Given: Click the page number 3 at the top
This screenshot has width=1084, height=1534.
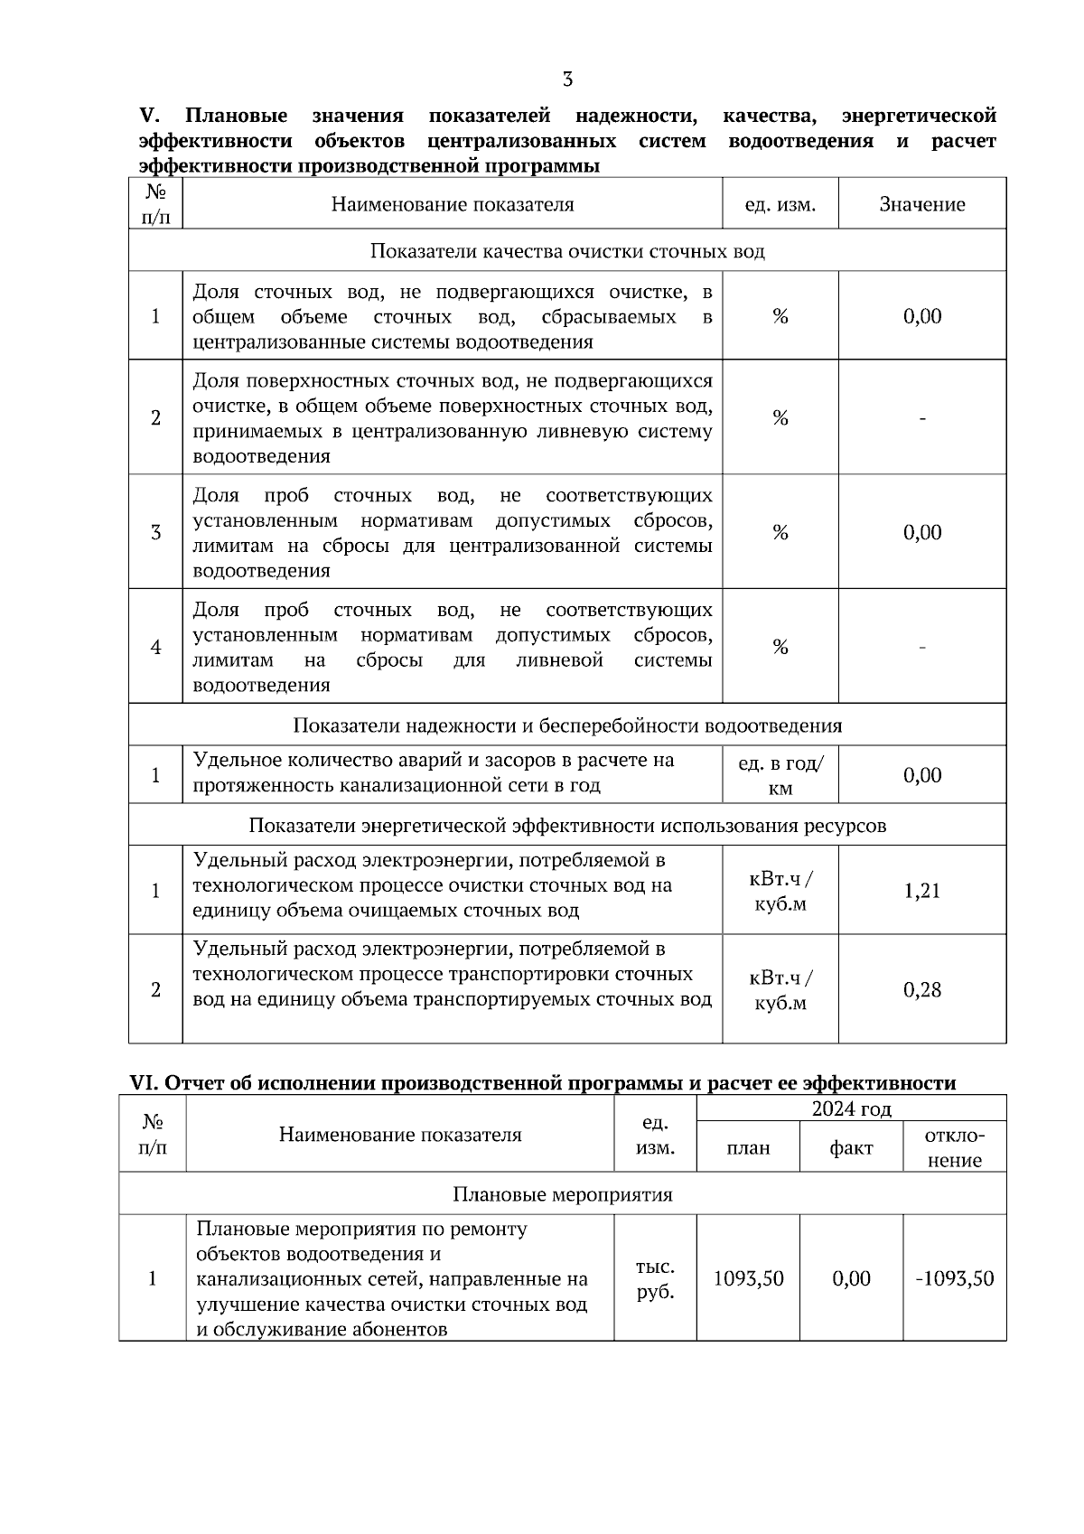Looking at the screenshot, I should (567, 80).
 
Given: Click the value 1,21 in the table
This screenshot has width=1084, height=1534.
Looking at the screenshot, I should (922, 891).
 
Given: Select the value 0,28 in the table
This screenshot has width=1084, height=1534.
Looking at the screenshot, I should (922, 990).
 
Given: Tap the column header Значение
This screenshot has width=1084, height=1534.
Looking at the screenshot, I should (922, 204).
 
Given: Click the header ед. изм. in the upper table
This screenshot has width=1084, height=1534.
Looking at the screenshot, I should (780, 204).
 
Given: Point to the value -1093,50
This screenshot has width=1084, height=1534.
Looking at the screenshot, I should (955, 1278).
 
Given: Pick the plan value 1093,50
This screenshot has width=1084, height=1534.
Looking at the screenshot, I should (748, 1278).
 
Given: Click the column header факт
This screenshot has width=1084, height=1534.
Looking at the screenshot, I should (851, 1148).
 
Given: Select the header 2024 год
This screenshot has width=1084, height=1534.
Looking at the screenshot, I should (851, 1108).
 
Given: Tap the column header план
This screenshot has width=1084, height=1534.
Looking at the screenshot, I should (748, 1148).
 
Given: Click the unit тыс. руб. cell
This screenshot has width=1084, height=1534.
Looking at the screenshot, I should (655, 1279).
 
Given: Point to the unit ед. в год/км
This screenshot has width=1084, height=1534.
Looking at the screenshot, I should (780, 775).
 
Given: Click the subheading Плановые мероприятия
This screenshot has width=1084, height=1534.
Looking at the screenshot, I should (562, 1194).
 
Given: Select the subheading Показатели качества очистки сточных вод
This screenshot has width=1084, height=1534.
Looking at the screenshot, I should (567, 251).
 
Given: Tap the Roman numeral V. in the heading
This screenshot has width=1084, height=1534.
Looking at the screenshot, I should (149, 116).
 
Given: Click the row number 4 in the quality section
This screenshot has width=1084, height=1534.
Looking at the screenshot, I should (155, 647).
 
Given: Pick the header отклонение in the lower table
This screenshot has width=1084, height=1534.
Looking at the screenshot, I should (955, 1148).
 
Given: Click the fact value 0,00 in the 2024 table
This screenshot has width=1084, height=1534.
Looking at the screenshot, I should (851, 1278).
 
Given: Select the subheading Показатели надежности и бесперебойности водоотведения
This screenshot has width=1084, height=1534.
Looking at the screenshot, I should (567, 725).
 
